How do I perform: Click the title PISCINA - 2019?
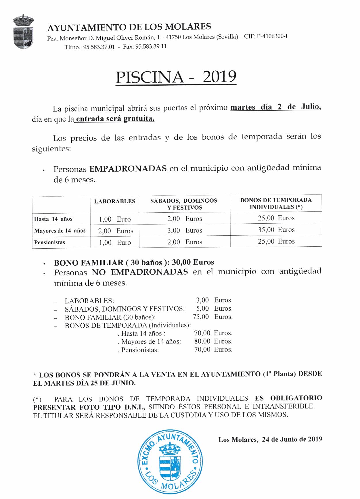[x=176, y=77]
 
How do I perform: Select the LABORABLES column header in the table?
[x=115, y=201]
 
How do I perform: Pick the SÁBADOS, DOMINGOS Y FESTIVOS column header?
[x=184, y=204]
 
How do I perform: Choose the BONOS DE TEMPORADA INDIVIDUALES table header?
[x=276, y=204]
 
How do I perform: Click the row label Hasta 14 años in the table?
[x=53, y=219]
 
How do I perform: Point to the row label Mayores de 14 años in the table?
[x=60, y=231]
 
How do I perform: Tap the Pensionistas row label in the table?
[x=50, y=242]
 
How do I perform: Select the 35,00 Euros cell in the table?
[x=276, y=230]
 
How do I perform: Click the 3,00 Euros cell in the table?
[x=185, y=231]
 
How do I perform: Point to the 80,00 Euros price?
[x=213, y=341]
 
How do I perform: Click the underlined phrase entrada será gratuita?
[x=115, y=119]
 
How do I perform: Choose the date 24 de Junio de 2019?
[x=292, y=439]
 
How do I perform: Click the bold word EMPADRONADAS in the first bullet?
[x=128, y=168]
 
